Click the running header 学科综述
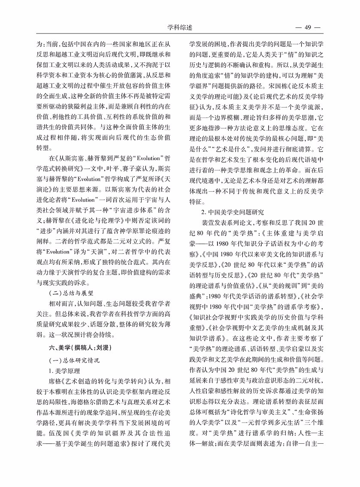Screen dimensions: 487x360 pyautogui.click(x=180, y=28)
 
